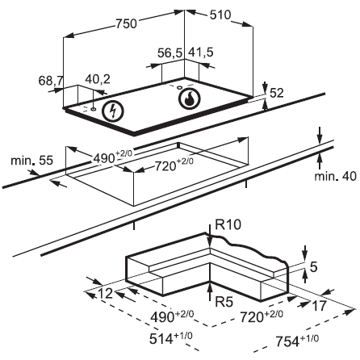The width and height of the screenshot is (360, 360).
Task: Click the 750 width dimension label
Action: click(127, 23)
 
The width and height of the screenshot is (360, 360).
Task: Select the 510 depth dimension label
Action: click(220, 15)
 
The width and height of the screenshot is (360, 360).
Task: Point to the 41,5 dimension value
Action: click(200, 52)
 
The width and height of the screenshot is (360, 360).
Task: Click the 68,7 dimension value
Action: click(51, 81)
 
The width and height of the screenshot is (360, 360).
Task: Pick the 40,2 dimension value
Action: click(98, 79)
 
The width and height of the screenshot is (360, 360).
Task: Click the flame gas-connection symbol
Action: click(189, 98)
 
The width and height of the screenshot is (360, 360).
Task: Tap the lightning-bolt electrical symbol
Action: click(113, 111)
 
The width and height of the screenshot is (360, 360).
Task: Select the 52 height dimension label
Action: click(277, 93)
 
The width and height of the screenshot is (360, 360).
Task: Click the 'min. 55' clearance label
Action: click(32, 161)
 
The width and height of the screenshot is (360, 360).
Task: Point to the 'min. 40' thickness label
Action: click(336, 177)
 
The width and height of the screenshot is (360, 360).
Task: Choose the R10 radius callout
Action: click(228, 224)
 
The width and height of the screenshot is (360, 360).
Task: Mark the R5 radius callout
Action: click(224, 302)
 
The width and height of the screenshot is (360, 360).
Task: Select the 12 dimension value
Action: click(106, 293)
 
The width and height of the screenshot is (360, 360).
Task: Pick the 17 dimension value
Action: click(320, 306)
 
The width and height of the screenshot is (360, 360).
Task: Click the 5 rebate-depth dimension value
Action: click(314, 267)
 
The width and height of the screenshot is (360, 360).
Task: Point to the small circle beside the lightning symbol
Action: click(93, 109)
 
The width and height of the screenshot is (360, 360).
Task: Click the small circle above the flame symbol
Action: click(179, 87)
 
